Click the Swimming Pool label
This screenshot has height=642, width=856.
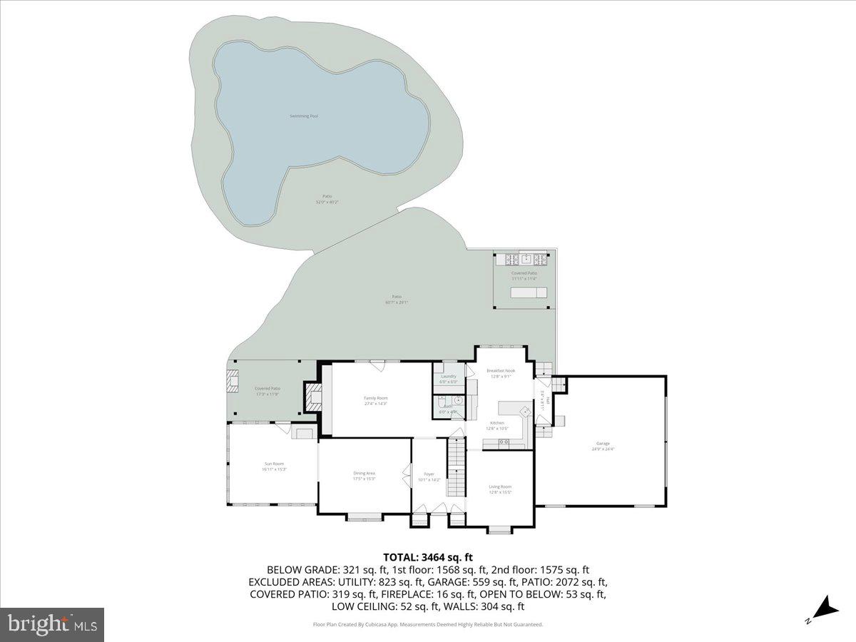(x=304, y=116)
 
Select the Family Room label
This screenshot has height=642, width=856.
(x=375, y=398)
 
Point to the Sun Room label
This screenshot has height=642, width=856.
(x=274, y=464)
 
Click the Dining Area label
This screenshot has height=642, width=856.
(x=364, y=473)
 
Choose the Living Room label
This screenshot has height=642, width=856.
(x=500, y=486)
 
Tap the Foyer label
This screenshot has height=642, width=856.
(x=429, y=474)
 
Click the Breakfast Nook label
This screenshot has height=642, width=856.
(x=500, y=370)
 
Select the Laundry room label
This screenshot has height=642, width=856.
(x=448, y=376)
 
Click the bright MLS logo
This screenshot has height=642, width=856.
(x=52, y=625)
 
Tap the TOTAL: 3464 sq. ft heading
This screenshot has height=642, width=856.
(x=428, y=557)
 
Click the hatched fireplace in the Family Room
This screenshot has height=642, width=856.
(x=313, y=397)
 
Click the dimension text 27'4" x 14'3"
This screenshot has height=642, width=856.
(x=375, y=404)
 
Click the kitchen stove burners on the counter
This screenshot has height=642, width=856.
(x=504, y=442)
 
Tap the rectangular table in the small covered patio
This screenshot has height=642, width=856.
(x=524, y=293)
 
